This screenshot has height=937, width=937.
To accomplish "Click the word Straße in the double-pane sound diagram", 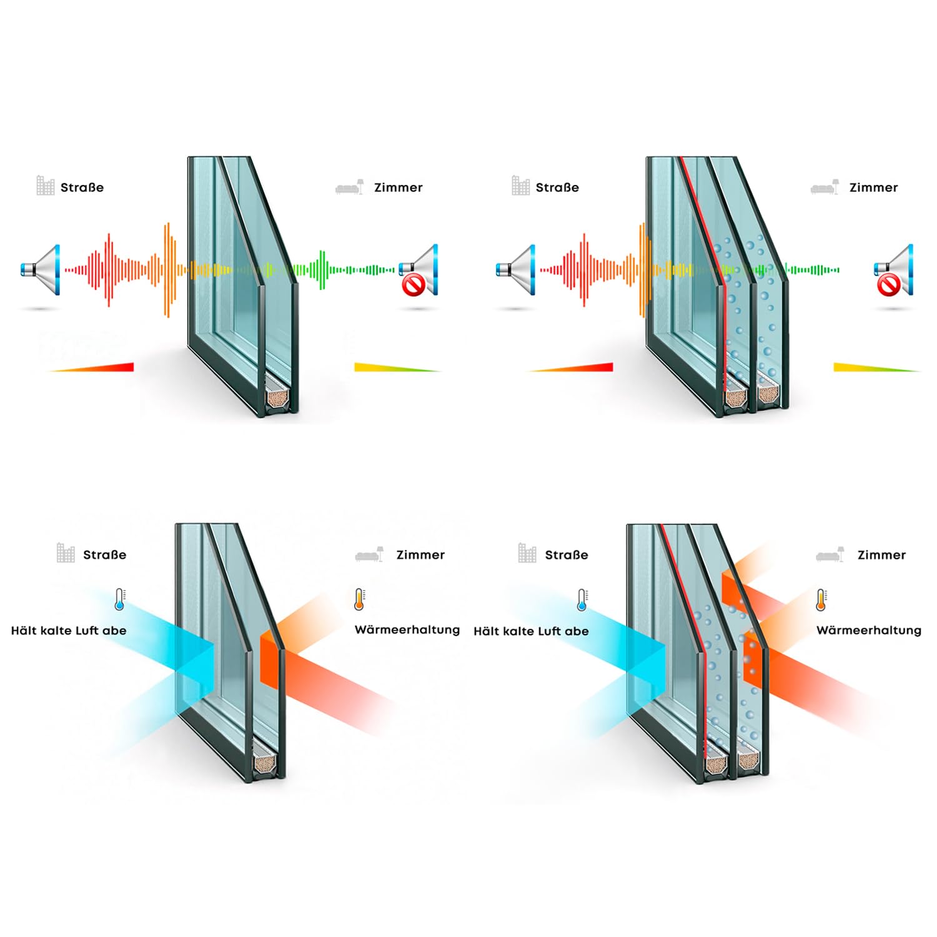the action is coord(82,187).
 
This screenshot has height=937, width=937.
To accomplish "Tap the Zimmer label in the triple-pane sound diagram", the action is coord(873,187).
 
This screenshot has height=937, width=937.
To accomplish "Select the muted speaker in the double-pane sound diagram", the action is coord(419,270).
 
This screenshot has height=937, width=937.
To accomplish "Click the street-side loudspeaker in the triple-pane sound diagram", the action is coord(515,270).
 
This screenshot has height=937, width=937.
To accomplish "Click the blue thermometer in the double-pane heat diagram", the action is coord(120,599).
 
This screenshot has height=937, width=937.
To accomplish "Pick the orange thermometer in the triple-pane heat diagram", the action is coord(821,600).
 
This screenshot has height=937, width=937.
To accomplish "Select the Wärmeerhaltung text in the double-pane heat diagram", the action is coord(407,630).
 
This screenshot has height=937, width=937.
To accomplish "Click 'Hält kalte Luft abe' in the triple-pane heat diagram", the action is coord(531,631).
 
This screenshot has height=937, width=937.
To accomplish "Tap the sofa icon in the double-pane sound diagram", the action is coord(350,187).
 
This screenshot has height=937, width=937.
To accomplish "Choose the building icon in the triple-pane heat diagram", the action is coord(527,553).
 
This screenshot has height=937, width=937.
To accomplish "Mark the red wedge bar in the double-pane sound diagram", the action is coord(92,367).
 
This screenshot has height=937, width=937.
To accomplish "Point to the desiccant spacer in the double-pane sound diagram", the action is coord(277,397).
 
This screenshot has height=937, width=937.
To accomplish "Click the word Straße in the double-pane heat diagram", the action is coord(104,555).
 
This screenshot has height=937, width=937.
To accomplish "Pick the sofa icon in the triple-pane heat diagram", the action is coord(830,554).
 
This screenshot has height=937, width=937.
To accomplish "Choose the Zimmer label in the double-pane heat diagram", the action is coord(420,555).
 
